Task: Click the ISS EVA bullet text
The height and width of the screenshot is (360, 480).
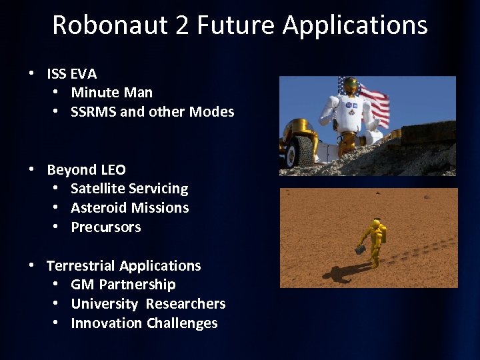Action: click(x=71, y=73)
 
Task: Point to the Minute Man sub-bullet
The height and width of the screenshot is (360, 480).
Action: click(x=111, y=93)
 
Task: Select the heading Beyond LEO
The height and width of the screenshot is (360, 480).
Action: click(x=86, y=169)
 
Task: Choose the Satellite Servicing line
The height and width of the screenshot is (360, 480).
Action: click(x=129, y=189)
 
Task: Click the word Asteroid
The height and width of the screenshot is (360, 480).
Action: click(x=98, y=208)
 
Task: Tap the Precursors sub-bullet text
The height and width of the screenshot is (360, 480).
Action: click(x=106, y=227)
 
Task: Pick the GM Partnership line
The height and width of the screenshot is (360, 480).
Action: click(x=123, y=285)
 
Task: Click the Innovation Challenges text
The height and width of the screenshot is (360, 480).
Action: click(x=144, y=323)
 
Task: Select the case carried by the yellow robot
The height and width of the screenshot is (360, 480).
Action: click(x=359, y=249)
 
